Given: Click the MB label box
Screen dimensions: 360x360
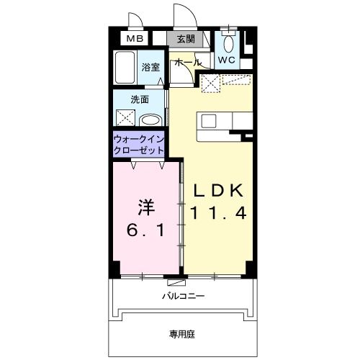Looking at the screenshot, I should coord(135,40).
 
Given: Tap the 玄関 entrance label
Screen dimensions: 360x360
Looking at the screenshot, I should coord(186,40).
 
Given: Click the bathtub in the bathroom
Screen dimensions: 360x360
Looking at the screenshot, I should coord(124,70).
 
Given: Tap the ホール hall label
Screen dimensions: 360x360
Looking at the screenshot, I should coord(185,63).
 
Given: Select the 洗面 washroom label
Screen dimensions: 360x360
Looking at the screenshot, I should coord(140,99).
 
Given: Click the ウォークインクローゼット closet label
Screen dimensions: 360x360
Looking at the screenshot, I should coord(138,145).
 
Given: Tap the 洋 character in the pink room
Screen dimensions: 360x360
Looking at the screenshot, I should coord(146,207).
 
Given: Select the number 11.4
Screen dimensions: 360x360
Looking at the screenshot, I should coord(220,213).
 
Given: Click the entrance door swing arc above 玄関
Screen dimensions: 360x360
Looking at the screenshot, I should coord(181,16).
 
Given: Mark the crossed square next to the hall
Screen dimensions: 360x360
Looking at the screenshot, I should coord(211,84).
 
